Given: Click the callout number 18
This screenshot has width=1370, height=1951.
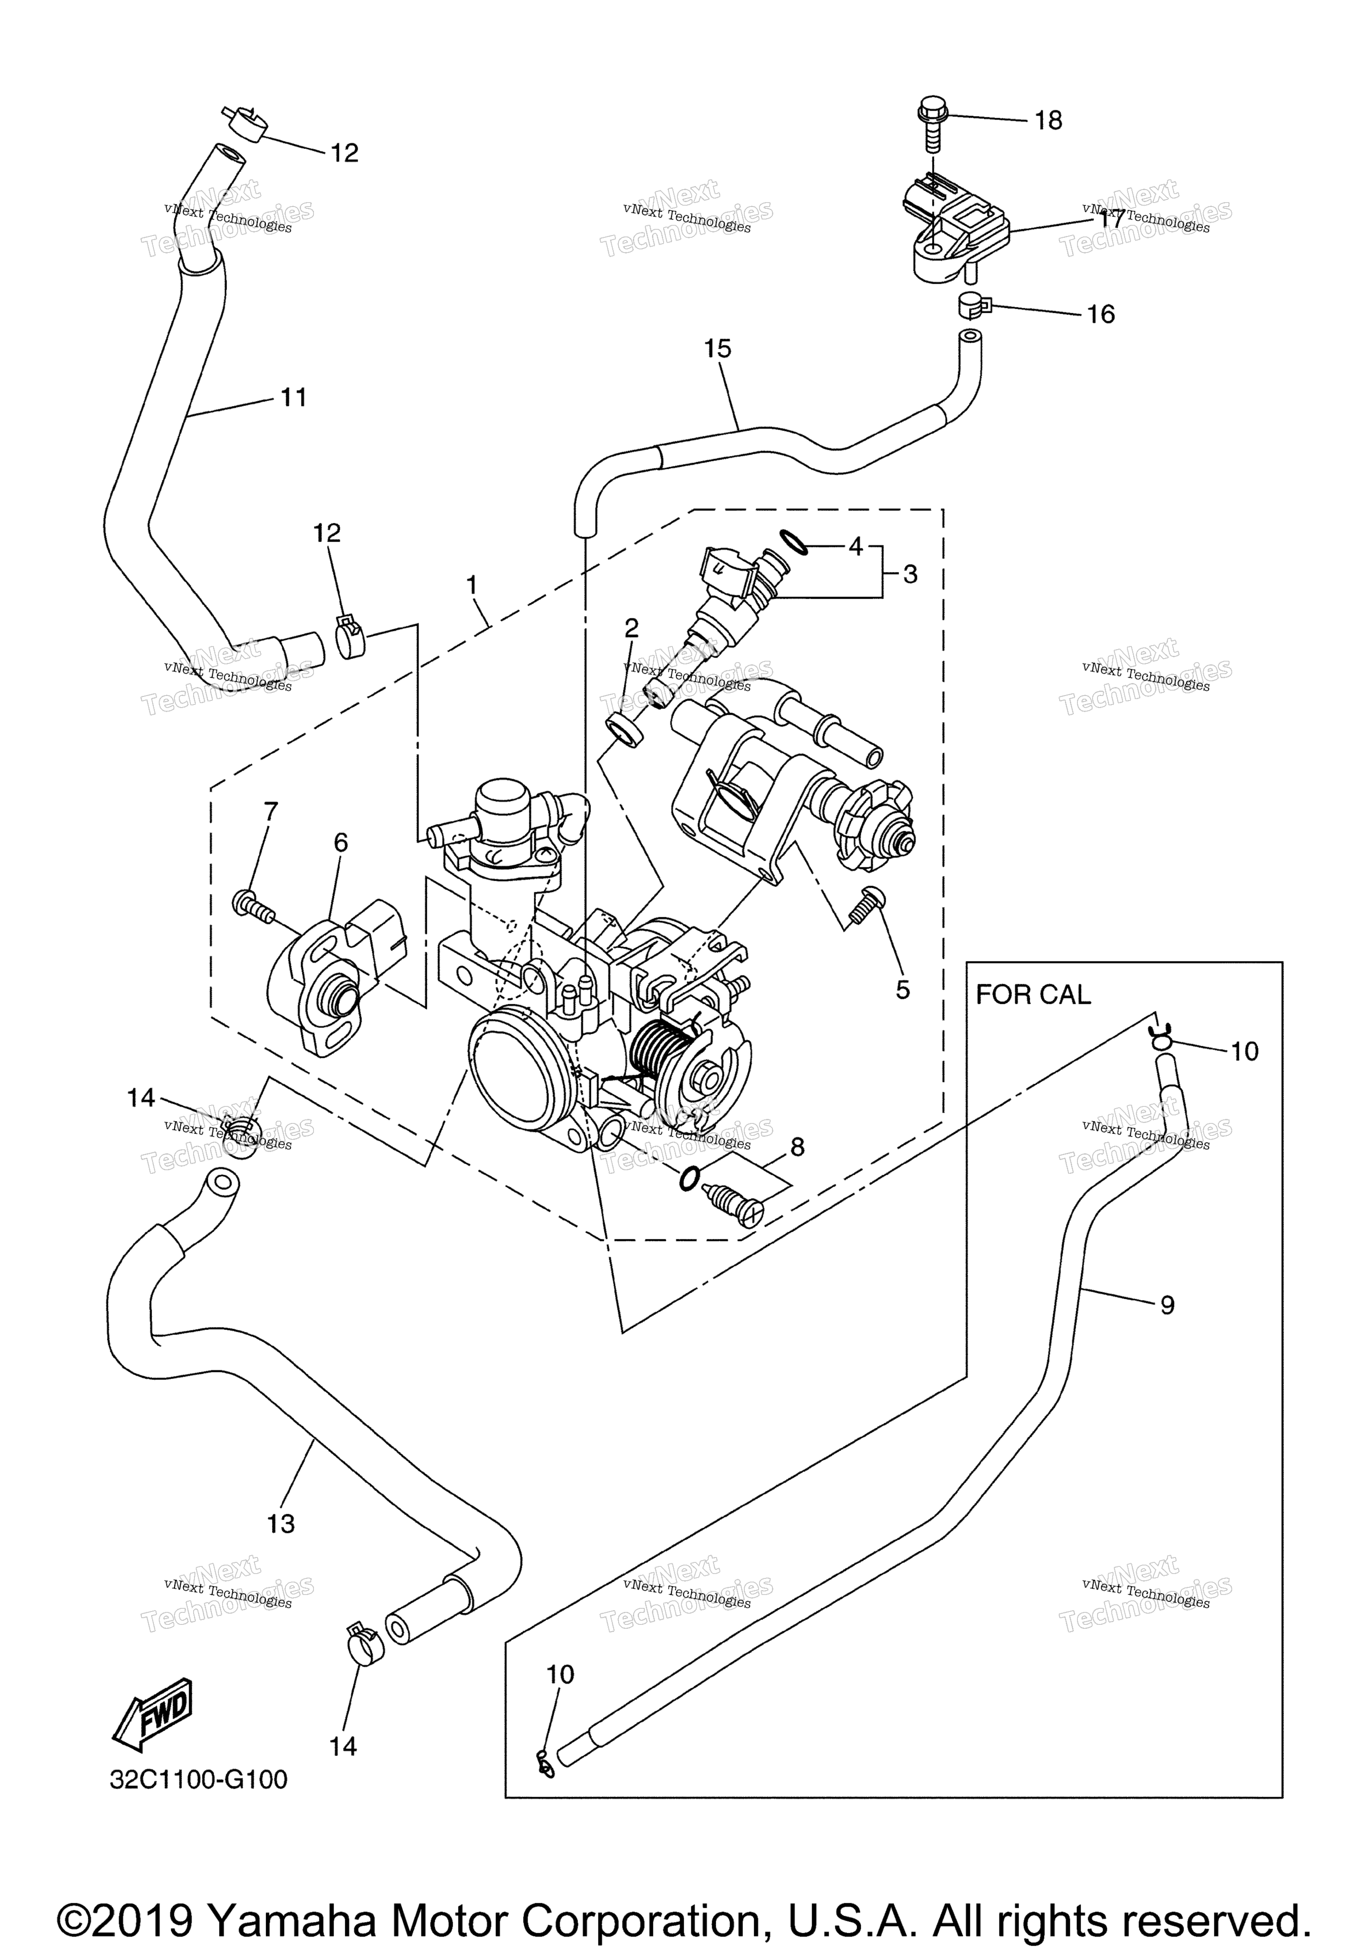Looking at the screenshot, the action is (x=1048, y=120).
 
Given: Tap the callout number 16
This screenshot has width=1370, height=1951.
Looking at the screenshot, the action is (x=1101, y=315).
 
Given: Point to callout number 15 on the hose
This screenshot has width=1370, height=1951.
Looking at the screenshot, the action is (x=718, y=348).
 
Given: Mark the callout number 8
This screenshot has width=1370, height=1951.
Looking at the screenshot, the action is (x=796, y=1147).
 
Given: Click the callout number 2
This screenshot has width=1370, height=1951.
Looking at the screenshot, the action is (x=631, y=628).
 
